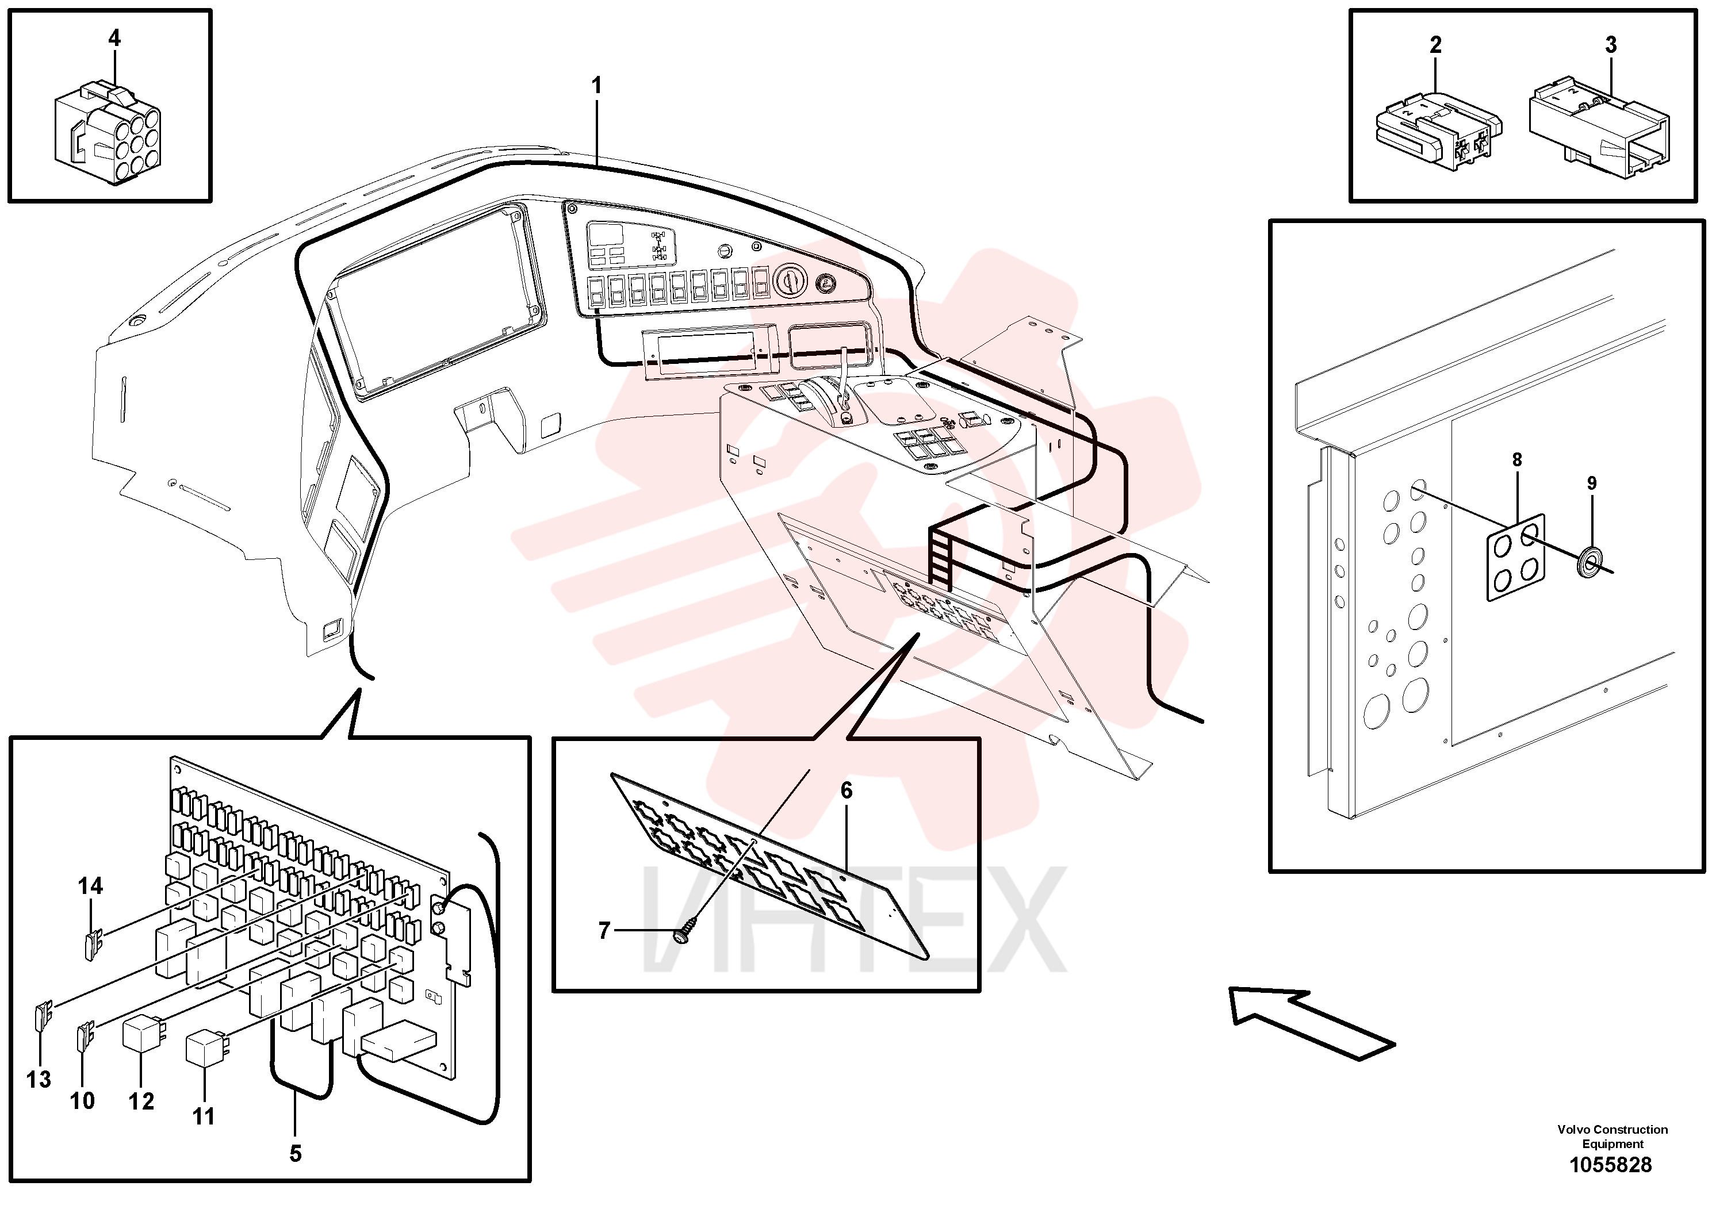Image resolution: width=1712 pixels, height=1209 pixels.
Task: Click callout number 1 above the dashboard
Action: point(596,86)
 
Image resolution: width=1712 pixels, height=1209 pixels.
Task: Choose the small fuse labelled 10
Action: point(86,1035)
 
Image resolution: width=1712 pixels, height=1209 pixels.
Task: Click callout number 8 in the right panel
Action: point(1516,460)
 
